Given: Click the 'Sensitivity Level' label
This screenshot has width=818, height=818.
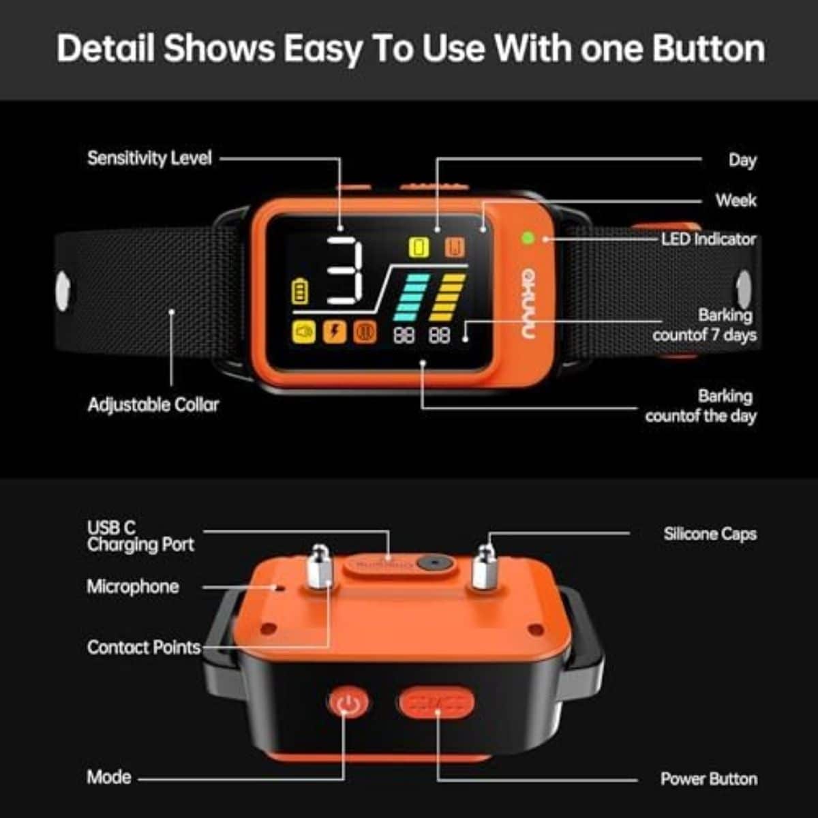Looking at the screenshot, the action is [x=149, y=158].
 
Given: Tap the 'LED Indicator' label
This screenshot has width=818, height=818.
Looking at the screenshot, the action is [x=708, y=239].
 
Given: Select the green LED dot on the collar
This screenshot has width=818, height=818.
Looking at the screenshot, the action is [x=528, y=238].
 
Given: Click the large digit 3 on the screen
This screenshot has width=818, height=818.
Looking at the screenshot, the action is [x=345, y=271].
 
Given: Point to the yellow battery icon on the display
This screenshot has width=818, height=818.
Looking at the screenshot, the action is [x=300, y=291].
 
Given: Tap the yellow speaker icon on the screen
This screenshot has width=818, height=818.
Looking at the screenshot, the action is [x=304, y=331].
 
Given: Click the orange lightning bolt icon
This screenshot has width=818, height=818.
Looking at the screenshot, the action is [x=335, y=331].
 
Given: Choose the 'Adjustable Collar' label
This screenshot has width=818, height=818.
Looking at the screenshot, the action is [x=153, y=406].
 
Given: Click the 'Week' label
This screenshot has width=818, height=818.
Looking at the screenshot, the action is [x=736, y=200].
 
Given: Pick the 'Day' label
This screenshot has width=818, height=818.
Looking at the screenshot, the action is [x=742, y=160].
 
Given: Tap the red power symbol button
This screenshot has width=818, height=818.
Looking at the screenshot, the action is [x=348, y=703].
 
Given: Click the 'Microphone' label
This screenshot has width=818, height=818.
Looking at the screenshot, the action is [x=133, y=587].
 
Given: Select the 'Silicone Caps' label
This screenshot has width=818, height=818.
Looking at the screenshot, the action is [x=710, y=534].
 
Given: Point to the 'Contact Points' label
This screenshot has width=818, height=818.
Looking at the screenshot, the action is [x=144, y=648].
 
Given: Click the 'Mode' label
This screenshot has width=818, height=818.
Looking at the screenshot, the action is [x=109, y=777].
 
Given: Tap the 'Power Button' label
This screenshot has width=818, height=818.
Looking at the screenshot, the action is [x=709, y=779].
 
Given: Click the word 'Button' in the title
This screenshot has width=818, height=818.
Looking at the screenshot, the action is [x=708, y=48].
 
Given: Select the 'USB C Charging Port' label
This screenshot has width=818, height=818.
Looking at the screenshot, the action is [x=140, y=536].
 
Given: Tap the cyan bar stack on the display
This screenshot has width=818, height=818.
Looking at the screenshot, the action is [x=411, y=298].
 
